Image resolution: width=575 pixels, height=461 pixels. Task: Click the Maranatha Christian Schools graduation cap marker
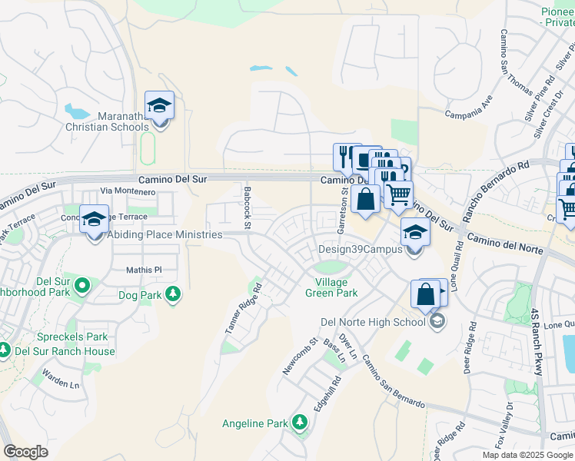click(x=159, y=106)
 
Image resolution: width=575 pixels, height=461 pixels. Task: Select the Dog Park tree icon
click(x=173, y=294)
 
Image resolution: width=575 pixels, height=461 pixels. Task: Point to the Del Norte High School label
click(x=372, y=322)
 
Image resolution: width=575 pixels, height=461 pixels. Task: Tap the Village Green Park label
click(x=331, y=287)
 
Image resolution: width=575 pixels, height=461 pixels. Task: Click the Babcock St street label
click(x=248, y=207)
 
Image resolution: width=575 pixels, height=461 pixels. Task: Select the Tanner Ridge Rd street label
click(x=244, y=308)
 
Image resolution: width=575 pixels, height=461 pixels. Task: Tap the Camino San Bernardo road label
click(x=392, y=381)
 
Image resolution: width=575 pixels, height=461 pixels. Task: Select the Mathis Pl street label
click(x=144, y=270)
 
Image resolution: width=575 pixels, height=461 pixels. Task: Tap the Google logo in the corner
click(x=25, y=452)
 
